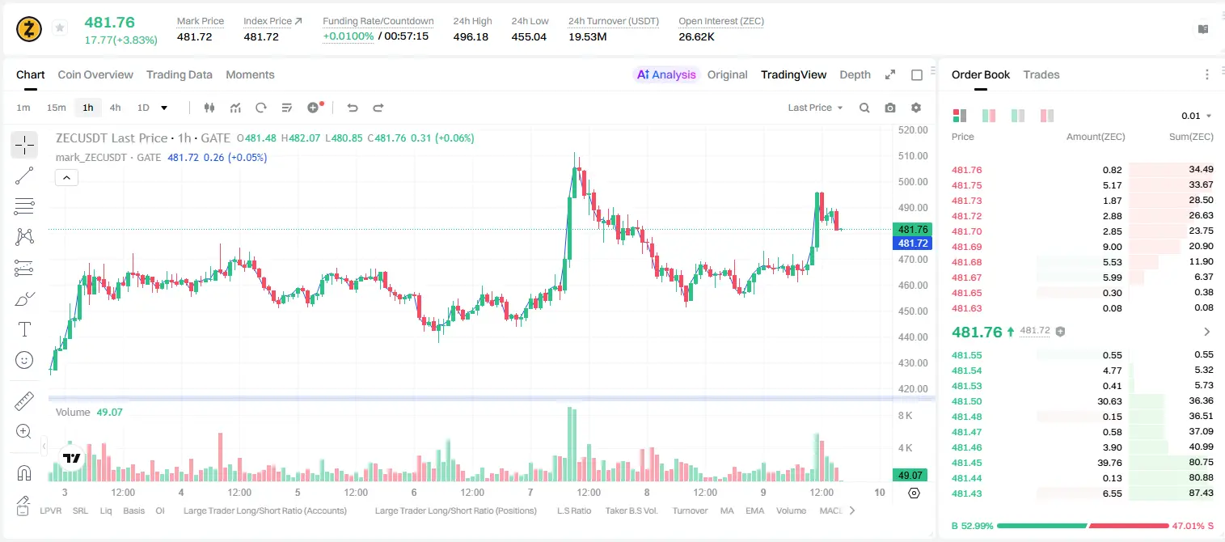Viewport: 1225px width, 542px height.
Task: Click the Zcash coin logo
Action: (29, 29)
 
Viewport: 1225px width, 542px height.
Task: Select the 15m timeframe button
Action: (57, 108)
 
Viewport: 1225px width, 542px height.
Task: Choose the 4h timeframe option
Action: (115, 108)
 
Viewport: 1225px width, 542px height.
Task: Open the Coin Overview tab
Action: (95, 75)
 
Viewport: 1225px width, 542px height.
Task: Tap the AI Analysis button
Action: (666, 75)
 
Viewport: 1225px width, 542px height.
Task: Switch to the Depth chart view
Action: (855, 75)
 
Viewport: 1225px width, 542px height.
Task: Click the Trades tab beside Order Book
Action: (1041, 75)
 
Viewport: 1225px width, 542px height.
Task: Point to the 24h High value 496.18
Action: (471, 36)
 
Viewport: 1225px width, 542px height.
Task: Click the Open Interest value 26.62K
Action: (696, 36)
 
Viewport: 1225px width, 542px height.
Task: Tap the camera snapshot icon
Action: (890, 108)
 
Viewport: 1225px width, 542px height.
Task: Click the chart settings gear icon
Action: (916, 108)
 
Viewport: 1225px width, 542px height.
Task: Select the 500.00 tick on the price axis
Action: (913, 181)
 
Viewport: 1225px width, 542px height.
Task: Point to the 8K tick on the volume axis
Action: (905, 416)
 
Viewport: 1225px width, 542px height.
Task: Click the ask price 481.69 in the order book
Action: (966, 247)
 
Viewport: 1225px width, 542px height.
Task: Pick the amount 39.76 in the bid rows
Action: (1109, 463)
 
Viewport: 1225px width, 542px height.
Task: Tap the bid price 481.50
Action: (966, 401)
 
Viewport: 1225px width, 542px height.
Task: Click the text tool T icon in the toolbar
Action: (24, 329)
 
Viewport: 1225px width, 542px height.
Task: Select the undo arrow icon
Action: (353, 108)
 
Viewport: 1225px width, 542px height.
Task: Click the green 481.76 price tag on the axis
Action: (912, 229)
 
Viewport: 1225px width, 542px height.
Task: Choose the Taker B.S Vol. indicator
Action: (631, 510)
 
